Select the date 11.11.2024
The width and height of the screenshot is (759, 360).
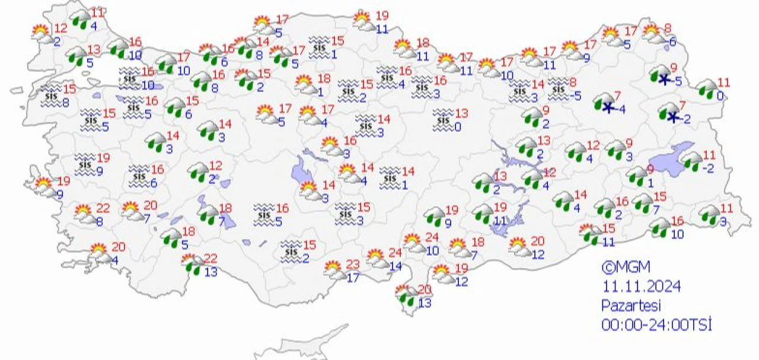coord(642,287)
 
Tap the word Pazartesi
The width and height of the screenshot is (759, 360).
coord(631,306)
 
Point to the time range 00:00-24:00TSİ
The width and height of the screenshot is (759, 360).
coord(656,325)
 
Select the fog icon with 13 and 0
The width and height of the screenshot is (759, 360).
coord(442,119)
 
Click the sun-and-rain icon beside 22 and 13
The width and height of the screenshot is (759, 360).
coord(192,263)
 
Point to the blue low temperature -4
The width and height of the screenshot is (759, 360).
coord(622,109)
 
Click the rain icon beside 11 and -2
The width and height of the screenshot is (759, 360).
coord(691,161)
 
